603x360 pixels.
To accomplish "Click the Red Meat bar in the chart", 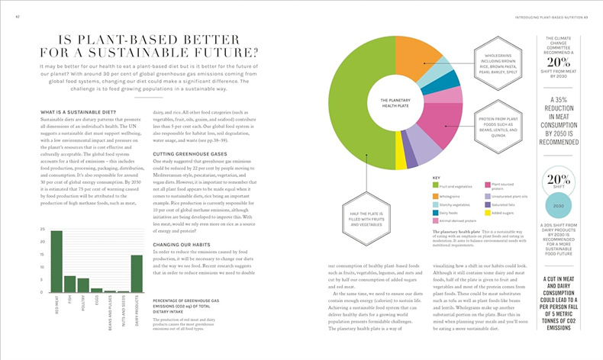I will point(56,262).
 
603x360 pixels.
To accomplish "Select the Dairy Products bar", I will point(137,274).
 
